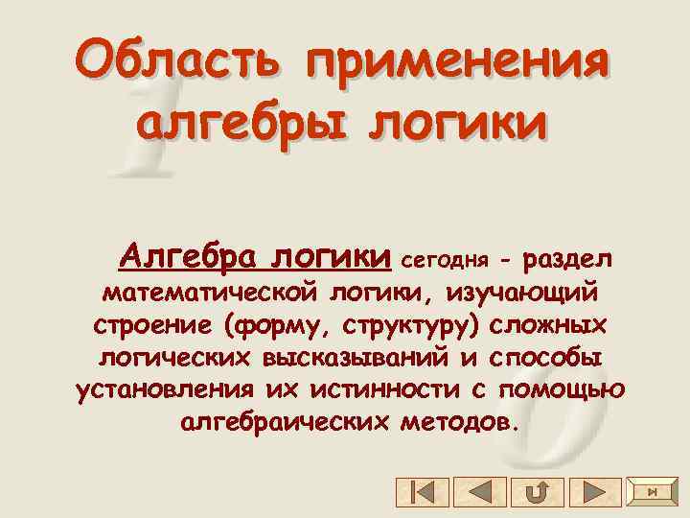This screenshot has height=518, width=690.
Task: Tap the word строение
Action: point(152,324)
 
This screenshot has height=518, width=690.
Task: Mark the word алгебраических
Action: point(281,422)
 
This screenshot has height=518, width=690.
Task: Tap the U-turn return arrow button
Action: point(537,492)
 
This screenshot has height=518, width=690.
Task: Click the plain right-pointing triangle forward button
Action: point(594,492)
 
